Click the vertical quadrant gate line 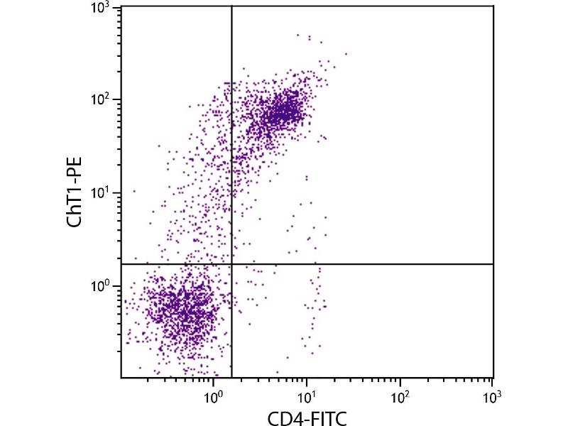pos(232,142)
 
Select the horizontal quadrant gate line pos(355,264)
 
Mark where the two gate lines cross pos(232,264)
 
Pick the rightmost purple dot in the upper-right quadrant pos(346,53)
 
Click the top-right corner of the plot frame pos(493,6)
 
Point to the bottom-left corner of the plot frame pos(121,377)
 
